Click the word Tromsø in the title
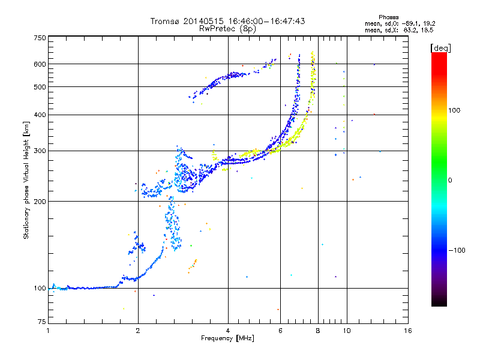point(165,21)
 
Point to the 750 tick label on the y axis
point(40,38)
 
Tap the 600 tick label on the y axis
point(40,64)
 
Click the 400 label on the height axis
point(40,115)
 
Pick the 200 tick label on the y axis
point(40,202)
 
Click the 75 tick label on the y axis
point(42,322)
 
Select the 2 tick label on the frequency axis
point(138,331)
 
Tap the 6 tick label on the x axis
point(280,331)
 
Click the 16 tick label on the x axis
point(408,331)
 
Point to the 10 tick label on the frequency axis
point(347,331)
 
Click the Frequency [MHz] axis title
point(227,338)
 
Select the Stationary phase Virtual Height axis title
point(26,181)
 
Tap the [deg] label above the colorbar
point(440,48)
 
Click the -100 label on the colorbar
point(457,250)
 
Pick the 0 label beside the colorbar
point(450,181)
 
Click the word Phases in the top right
point(388,17)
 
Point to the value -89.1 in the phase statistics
point(410,24)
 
